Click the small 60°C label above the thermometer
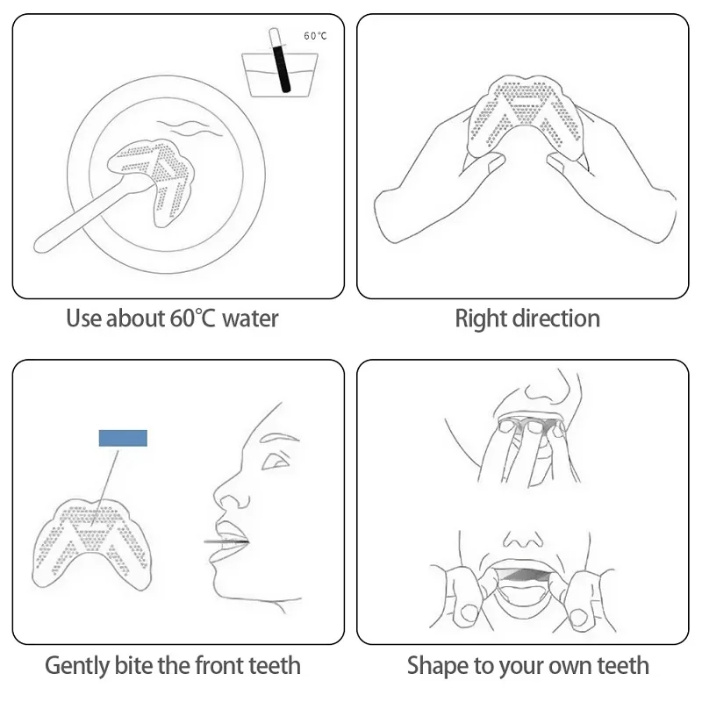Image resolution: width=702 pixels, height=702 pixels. [315, 36]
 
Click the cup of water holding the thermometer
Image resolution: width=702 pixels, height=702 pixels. [280, 75]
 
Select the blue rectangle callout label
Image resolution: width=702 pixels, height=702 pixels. [123, 438]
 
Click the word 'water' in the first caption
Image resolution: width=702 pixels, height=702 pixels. [250, 319]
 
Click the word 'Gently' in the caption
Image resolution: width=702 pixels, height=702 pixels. [76, 666]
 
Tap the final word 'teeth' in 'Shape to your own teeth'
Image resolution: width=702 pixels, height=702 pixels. [623, 665]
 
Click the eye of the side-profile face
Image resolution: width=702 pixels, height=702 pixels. [275, 461]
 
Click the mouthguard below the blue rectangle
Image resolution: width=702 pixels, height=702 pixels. [92, 542]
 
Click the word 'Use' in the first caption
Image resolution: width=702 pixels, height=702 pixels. [83, 319]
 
